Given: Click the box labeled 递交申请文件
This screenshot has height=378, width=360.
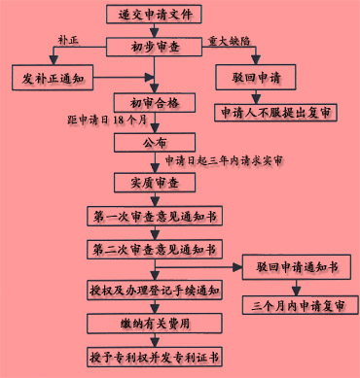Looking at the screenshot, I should coord(156,15).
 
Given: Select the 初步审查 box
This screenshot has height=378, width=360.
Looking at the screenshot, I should coord(156,46).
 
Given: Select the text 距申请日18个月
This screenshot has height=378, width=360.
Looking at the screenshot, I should coord(106,122).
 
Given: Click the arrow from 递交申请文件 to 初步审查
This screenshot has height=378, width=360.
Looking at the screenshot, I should coord(156,29).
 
